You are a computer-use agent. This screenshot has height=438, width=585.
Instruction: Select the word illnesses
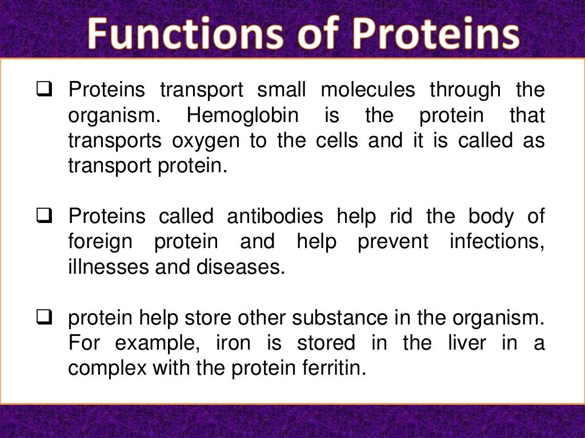[x=103, y=267]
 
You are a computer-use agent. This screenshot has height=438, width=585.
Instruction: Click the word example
[x=153, y=343]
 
